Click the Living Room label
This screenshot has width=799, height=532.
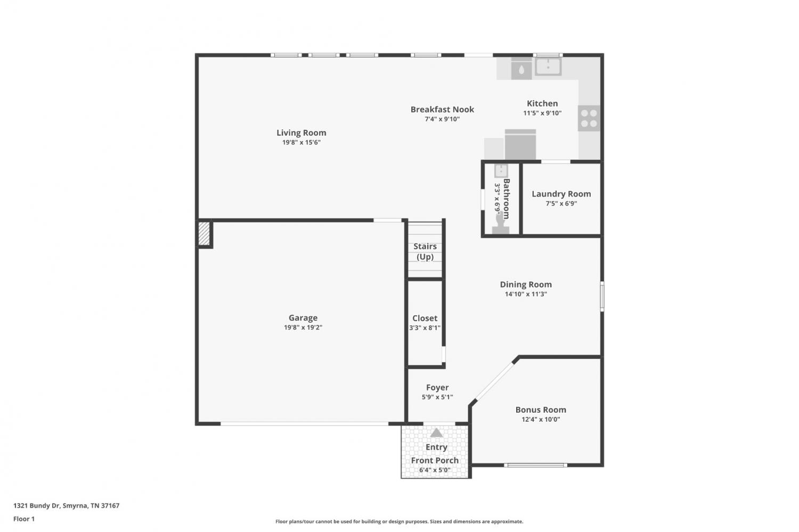point(301,133)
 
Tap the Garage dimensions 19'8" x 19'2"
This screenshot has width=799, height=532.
point(303,328)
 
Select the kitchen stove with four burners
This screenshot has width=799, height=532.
point(589,118)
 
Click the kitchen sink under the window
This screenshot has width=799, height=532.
point(548,67)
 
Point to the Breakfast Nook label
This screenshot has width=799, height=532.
point(442,110)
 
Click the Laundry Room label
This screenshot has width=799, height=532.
point(561,194)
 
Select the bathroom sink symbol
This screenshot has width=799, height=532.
point(501,171)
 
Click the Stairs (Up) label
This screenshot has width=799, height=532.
point(425,251)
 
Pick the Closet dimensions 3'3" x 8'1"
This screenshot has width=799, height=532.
point(425,328)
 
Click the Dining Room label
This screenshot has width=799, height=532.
point(526,284)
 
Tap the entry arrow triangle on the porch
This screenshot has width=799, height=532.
point(436,433)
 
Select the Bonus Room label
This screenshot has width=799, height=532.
point(541,410)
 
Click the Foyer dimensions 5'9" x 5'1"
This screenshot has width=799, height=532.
point(437,397)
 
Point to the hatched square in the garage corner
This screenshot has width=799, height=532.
point(204,234)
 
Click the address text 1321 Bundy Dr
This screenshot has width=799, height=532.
point(36,505)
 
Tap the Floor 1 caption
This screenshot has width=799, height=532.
point(24,519)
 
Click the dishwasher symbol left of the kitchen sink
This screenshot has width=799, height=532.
point(521,69)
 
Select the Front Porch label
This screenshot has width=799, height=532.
point(435,460)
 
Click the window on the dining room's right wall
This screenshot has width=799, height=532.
point(602,296)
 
